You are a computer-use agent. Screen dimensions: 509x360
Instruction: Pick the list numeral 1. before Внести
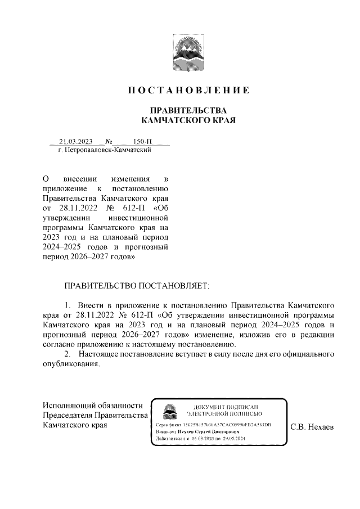coord(67,305)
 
